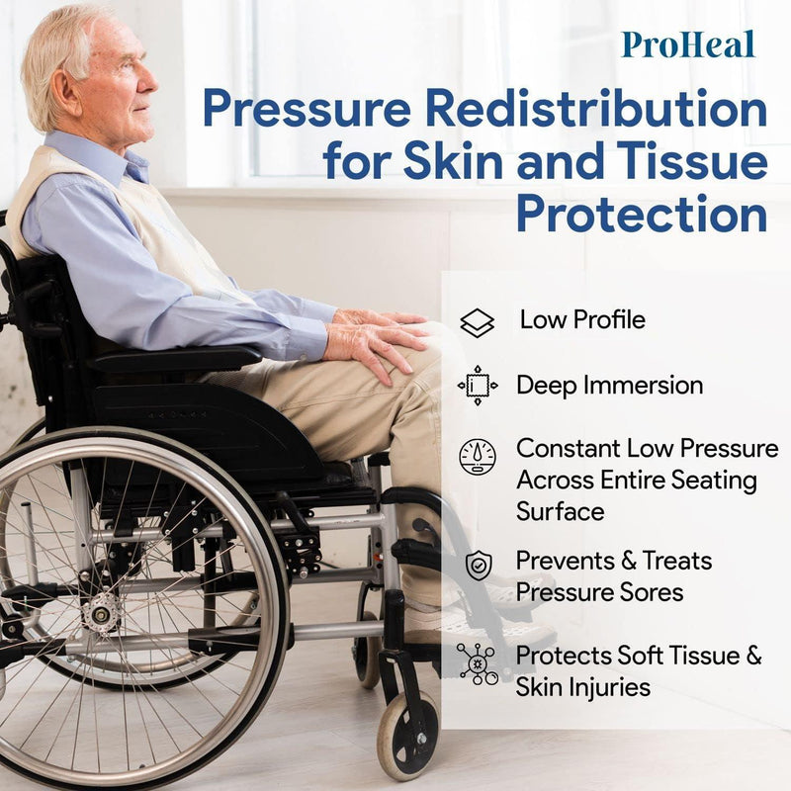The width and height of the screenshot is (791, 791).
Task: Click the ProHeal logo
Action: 688,44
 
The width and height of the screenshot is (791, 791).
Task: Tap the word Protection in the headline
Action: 642,213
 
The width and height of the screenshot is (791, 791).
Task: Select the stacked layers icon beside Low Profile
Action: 478,322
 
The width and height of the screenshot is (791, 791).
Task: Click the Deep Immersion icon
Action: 478,386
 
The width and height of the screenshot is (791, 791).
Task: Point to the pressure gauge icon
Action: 478,456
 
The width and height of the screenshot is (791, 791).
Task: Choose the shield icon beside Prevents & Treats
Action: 478,566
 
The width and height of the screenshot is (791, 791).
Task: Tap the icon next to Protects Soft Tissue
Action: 478,662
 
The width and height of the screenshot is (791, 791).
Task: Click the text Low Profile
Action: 582,320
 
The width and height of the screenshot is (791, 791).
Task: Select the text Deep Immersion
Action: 609,386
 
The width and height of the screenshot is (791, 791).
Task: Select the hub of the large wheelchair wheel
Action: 100,612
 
